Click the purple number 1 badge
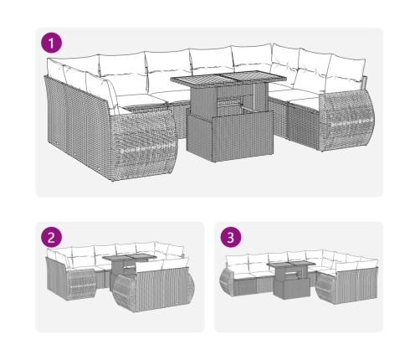pos(51,44)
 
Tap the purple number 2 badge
pos(51,238)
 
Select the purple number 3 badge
pos(231,238)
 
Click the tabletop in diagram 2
pos(130,257)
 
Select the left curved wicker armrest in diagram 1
pos(144,145)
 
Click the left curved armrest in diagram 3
pos(227,281)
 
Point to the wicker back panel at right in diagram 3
pos(356,285)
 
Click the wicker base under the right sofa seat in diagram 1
pos(304,123)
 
